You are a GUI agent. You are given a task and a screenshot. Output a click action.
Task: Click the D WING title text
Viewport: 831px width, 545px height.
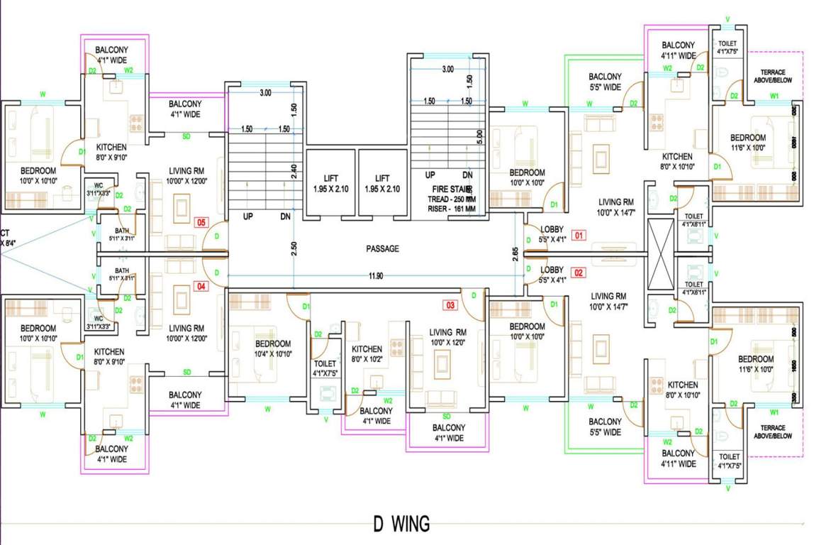(401, 524)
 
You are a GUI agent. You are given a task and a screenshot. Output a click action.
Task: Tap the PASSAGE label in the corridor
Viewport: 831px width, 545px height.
(383, 249)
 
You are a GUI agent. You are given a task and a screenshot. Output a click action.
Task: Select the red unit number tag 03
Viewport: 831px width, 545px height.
(450, 306)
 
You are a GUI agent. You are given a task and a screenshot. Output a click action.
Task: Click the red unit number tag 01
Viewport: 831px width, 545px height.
(579, 235)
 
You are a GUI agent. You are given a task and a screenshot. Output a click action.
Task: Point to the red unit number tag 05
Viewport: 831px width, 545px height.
(201, 223)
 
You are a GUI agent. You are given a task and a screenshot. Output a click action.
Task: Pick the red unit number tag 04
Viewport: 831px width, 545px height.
(201, 287)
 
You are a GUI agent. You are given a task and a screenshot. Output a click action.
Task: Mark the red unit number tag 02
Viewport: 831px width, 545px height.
(579, 272)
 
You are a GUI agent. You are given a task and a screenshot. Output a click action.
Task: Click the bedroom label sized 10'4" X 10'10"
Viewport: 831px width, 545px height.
(273, 348)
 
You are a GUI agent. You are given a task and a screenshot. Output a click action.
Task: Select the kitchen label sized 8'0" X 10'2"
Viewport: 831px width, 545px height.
(367, 353)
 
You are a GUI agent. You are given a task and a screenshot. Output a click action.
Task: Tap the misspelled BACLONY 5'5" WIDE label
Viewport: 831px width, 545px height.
(605, 82)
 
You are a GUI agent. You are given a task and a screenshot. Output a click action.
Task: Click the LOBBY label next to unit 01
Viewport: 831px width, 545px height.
(552, 235)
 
